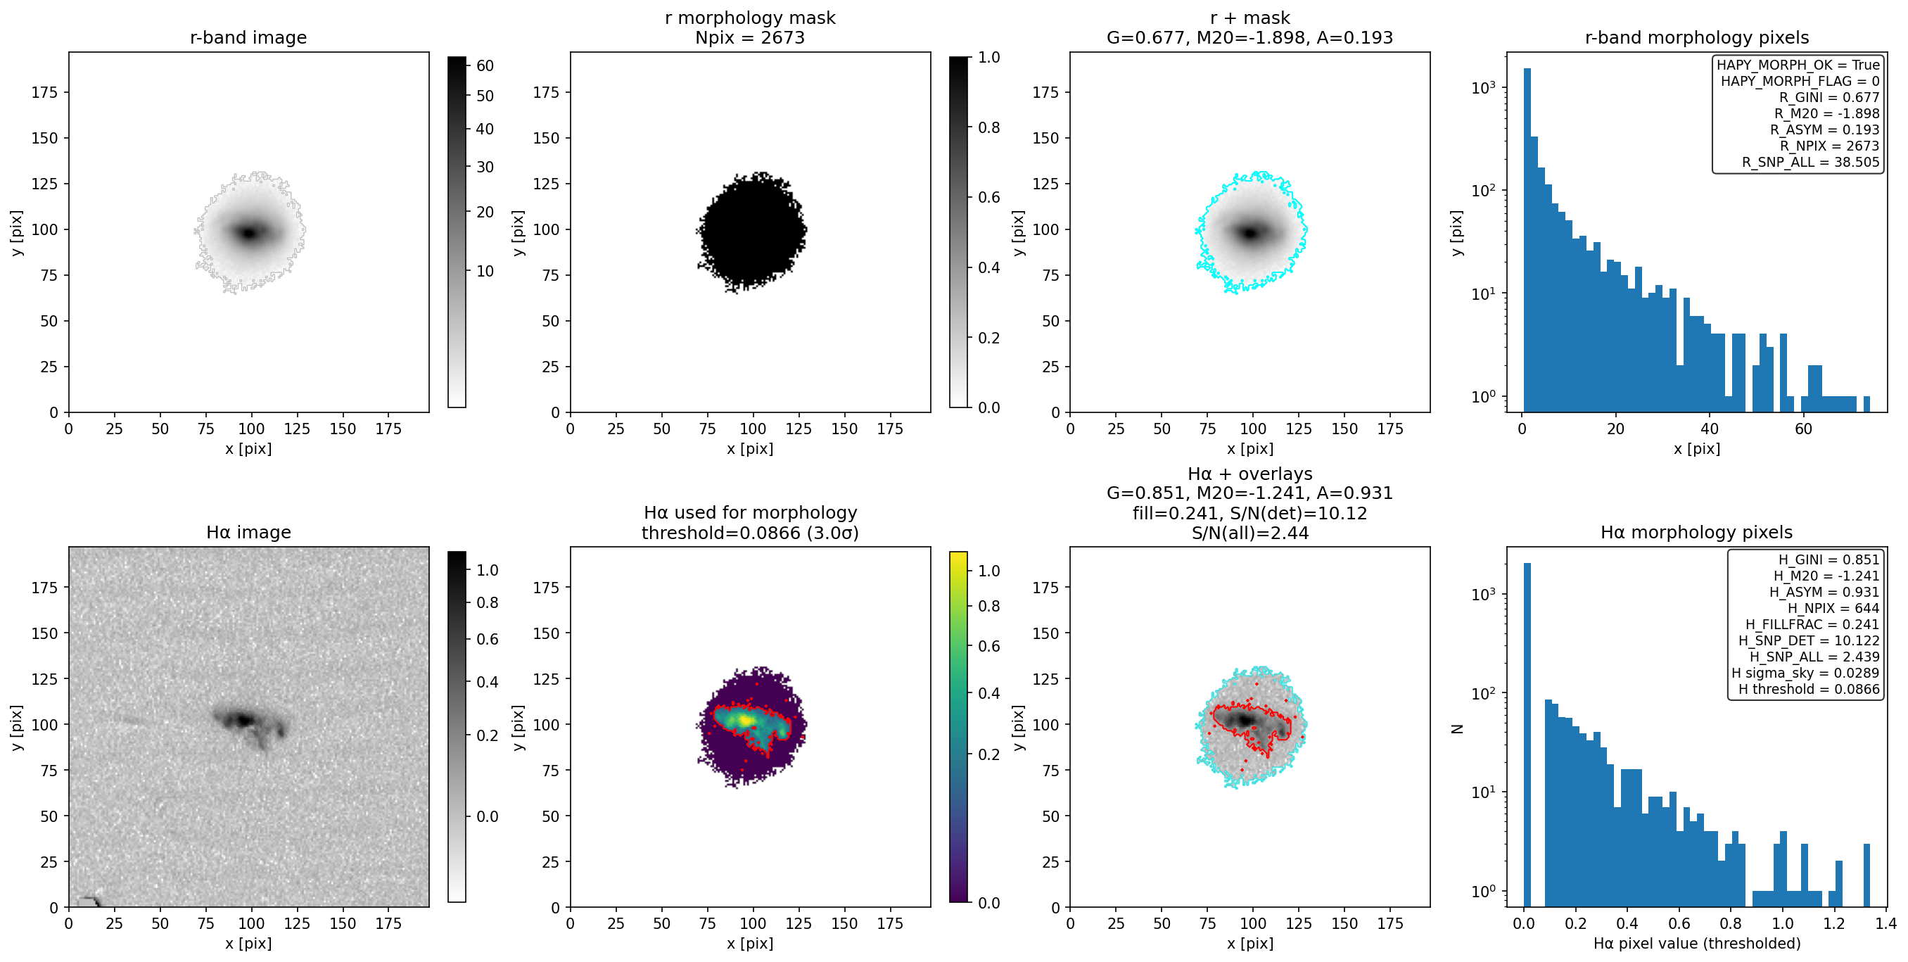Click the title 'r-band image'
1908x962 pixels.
[x=248, y=38]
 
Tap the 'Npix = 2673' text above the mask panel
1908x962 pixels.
[x=749, y=38]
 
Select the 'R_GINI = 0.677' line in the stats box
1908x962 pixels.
[x=1828, y=97]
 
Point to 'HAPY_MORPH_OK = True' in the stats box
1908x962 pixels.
[x=1798, y=65]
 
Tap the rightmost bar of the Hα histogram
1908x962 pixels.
[x=1866, y=875]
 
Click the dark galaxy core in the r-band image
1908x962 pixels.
[x=249, y=233]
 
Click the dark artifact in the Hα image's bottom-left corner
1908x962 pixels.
[x=89, y=901]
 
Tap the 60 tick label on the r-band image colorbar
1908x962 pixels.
[x=485, y=66]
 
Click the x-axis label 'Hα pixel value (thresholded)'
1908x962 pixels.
[x=1696, y=944]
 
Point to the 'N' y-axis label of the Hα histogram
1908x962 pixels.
[x=1457, y=728]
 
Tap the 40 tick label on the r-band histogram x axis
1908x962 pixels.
[x=1710, y=429]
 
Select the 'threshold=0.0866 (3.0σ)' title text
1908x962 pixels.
[x=749, y=533]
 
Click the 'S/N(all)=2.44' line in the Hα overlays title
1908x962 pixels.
[x=1249, y=533]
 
